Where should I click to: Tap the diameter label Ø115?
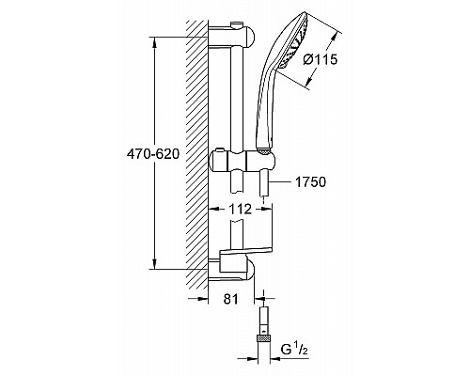click(321, 61)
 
